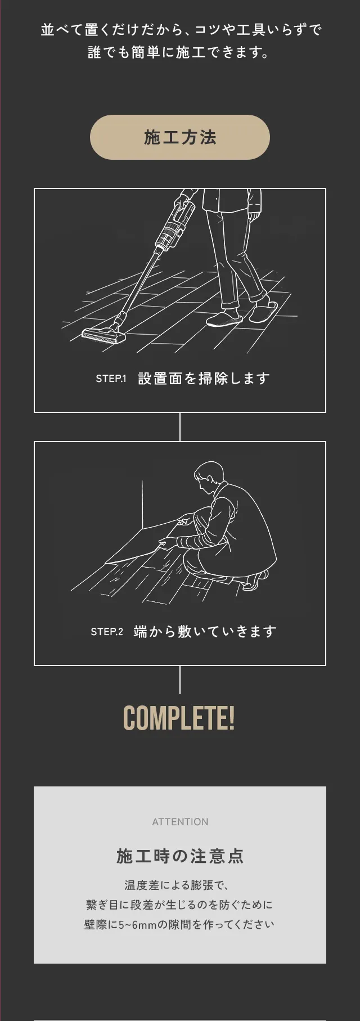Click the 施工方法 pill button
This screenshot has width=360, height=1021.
coord(180,137)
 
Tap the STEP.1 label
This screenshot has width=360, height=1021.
coord(111,379)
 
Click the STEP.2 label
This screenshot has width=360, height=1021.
coord(107,632)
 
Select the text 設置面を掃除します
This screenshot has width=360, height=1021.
coord(204,379)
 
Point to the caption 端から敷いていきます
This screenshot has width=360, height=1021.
coord(205,632)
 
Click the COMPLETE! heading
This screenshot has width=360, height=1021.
coord(179,718)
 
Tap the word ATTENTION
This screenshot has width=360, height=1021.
coord(180,822)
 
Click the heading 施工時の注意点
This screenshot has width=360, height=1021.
coord(180,856)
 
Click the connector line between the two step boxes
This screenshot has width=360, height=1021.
coord(180,427)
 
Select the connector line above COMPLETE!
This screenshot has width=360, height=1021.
coord(180,680)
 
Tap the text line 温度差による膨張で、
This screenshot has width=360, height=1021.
coord(177,885)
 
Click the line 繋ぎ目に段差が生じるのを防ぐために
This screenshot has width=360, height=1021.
coord(179,905)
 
